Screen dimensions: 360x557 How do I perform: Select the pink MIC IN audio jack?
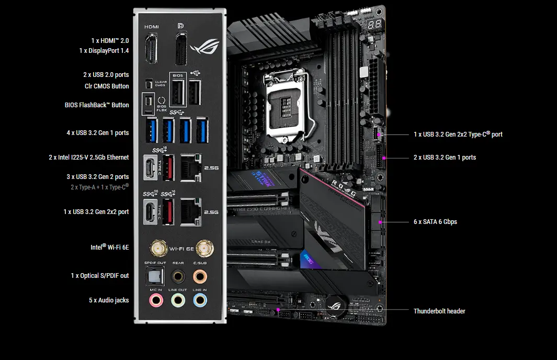(155, 300)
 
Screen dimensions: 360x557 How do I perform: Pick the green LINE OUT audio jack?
(178, 300)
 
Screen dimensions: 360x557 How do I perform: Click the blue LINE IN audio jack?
(199, 300)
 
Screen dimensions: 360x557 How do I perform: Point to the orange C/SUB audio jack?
(199, 275)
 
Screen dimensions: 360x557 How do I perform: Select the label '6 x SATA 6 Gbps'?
(435, 222)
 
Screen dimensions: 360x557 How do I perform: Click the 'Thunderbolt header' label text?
(439, 311)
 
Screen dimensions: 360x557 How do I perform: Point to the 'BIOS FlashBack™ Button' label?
(97, 105)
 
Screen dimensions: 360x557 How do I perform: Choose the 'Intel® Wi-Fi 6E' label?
(109, 247)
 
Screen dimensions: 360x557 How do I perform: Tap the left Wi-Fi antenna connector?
(156, 247)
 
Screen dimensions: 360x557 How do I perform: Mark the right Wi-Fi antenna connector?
(200, 247)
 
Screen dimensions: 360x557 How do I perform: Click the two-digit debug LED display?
(374, 25)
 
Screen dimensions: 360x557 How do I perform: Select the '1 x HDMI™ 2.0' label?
(110, 40)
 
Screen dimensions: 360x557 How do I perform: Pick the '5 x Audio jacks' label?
(109, 300)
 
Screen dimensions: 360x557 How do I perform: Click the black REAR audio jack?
(178, 275)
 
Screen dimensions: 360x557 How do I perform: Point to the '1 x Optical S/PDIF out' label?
(100, 276)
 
